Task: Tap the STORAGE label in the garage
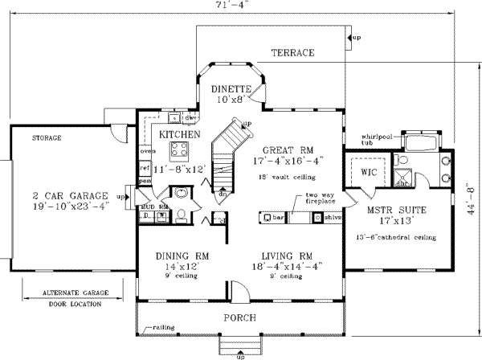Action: pyautogui.click(x=46, y=139)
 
